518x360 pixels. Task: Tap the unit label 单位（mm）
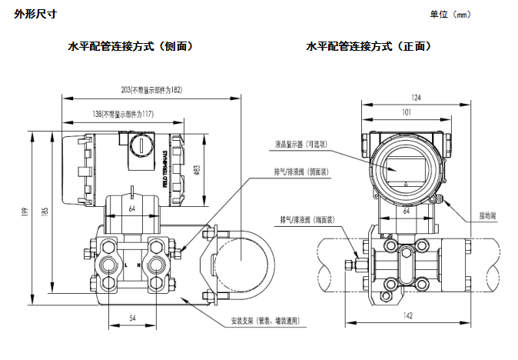pos(450,15)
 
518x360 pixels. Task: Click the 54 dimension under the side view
pos(131,317)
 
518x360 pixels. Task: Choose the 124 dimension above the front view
pos(416,98)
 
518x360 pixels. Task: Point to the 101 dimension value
pos(406,113)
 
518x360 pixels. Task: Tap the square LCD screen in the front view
pos(406,167)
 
